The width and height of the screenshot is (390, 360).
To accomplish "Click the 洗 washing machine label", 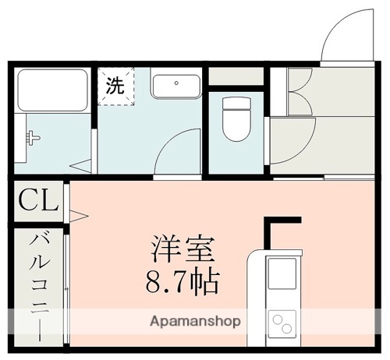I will tap(115, 86).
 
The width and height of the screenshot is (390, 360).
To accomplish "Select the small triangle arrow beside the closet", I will tap(77, 212).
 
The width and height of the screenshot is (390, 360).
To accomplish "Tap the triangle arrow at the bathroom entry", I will tap(82, 165).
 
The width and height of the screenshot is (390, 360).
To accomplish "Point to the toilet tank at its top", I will tap(236, 102).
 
